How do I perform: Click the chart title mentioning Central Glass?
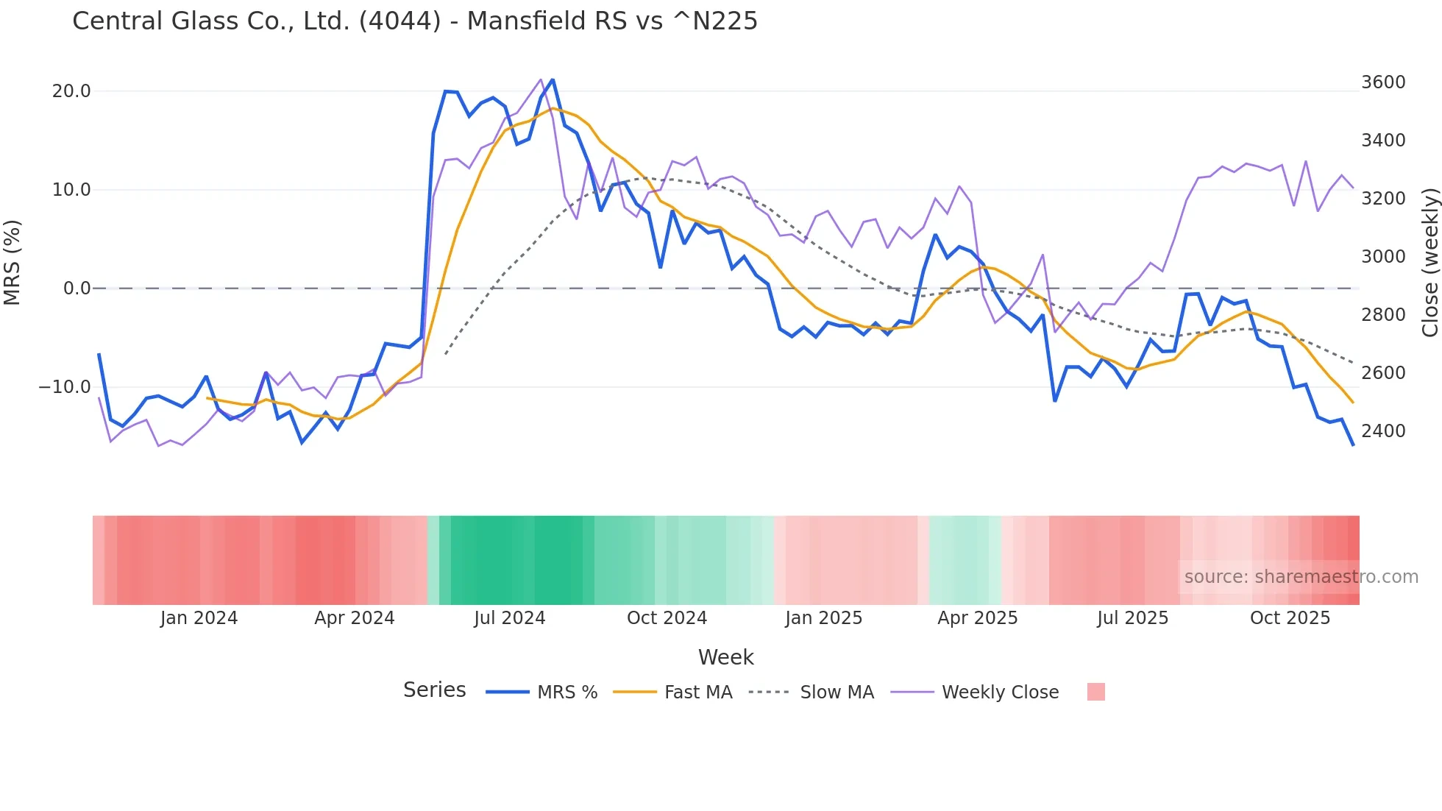click(x=415, y=21)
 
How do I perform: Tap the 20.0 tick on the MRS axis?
click(x=71, y=91)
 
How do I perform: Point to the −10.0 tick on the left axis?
click(x=65, y=387)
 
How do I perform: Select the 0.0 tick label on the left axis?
click(x=77, y=288)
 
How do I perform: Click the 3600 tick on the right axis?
click(x=1383, y=82)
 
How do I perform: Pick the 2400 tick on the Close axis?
click(x=1383, y=431)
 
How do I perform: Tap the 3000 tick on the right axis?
click(x=1383, y=257)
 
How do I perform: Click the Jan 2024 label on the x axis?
click(x=199, y=618)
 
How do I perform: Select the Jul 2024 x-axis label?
click(x=510, y=618)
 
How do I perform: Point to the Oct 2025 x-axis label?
click(x=1290, y=618)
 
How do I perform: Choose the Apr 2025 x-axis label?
click(x=977, y=618)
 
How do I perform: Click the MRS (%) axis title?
click(x=13, y=262)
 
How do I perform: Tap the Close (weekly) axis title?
click(x=1429, y=263)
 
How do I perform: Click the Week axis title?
click(x=725, y=657)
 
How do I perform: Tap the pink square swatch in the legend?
click(x=1095, y=692)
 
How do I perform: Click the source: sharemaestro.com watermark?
click(x=1301, y=577)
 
